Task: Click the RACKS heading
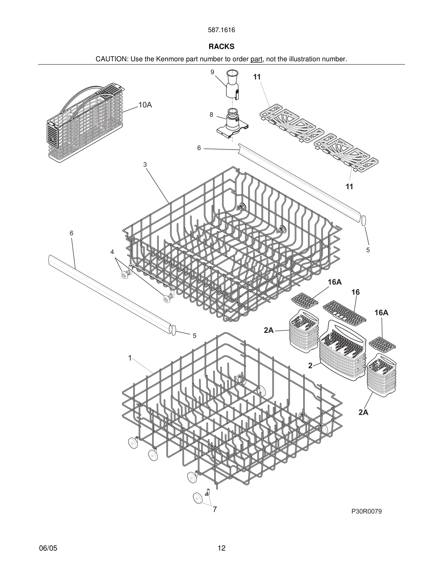pos(221,47)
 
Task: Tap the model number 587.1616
pos(221,30)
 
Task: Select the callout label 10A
pos(145,105)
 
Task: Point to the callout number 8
pos(211,115)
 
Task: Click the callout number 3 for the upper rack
pos(145,164)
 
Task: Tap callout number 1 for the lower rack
pos(130,358)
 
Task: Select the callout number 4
pos(112,252)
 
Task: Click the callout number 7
pos(215,509)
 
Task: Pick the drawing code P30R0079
pos(366,511)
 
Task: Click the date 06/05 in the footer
pos(48,548)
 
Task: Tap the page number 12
pos(221,548)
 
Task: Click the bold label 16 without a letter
pos(356,292)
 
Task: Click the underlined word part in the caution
pos(256,59)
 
